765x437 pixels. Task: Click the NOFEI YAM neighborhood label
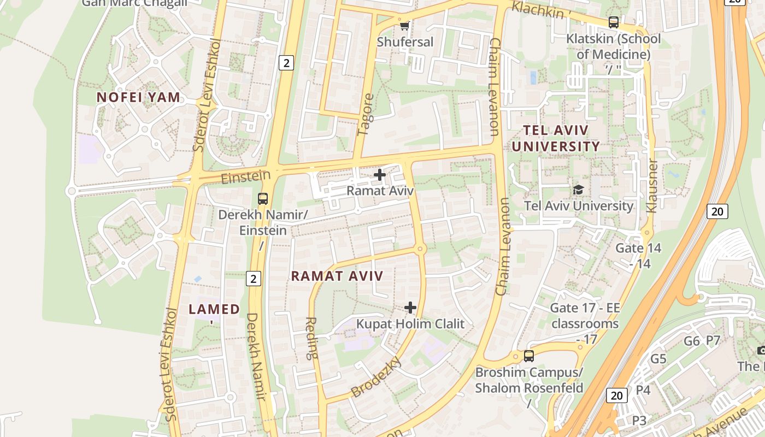[x=138, y=98]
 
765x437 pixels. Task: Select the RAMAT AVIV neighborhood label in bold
[x=337, y=276]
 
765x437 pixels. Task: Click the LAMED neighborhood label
[x=214, y=309]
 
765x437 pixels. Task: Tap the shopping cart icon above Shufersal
[x=404, y=26]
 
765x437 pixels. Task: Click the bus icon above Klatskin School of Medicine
[x=614, y=22]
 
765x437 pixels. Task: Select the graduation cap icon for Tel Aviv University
[x=578, y=190]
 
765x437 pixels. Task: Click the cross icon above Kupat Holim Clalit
[x=410, y=308]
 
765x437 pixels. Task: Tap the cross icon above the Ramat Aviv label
[x=380, y=175]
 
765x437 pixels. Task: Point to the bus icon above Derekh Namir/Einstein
[x=263, y=198]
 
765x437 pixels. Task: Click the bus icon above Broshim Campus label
[x=528, y=356]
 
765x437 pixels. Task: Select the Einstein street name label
[x=246, y=176]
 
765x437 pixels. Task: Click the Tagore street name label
[x=366, y=115]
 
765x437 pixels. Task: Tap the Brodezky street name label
[x=376, y=377]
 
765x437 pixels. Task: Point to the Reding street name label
[x=310, y=338]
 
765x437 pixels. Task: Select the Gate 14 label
[x=638, y=249]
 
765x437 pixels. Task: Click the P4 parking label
[x=643, y=390]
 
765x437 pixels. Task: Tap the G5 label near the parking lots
[x=658, y=359]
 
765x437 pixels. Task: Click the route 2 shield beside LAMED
[x=252, y=279]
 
